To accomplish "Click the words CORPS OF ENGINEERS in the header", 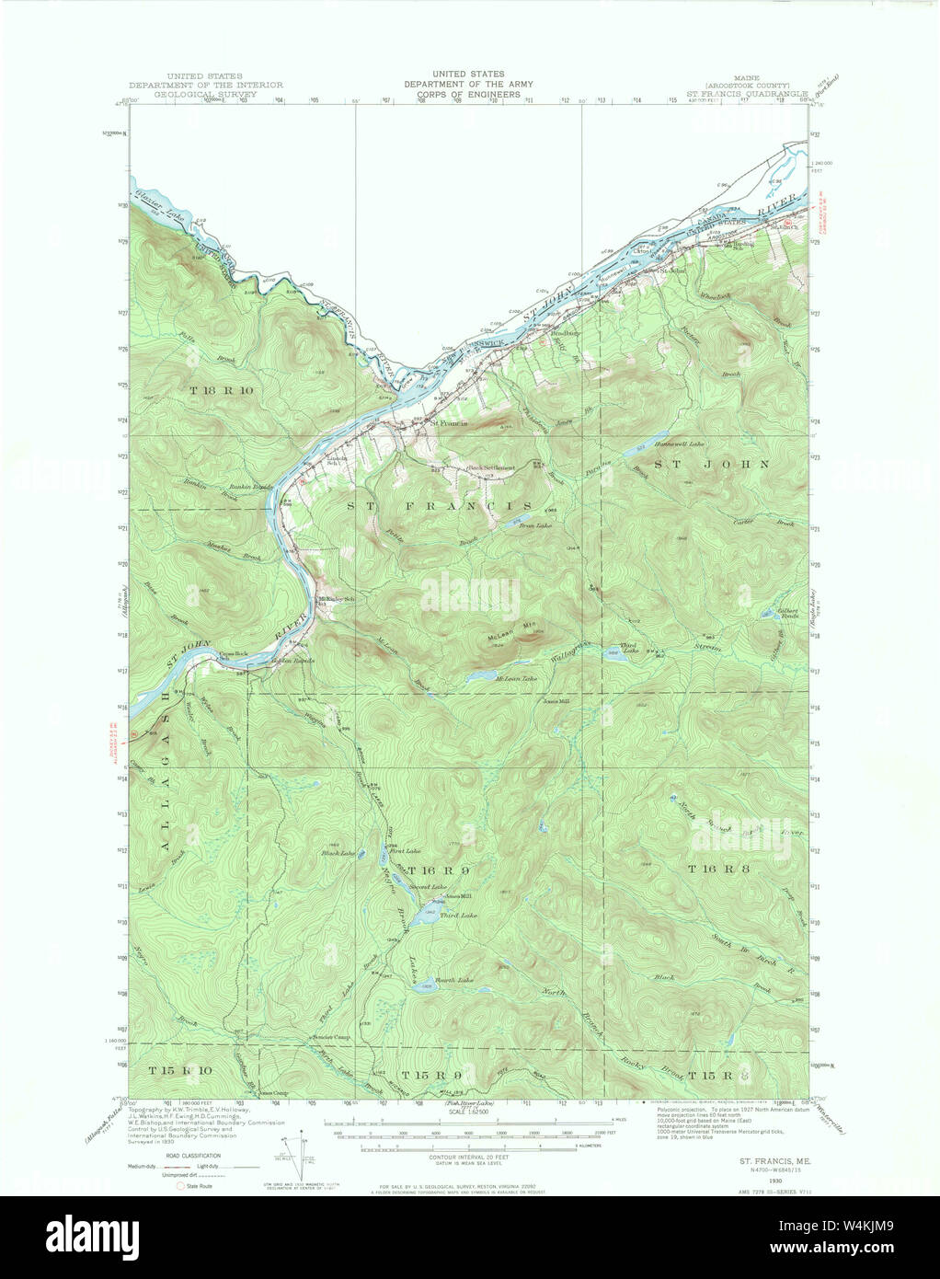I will (468, 94).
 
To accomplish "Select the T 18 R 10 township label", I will (221, 390).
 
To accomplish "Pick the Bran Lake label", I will (535, 526).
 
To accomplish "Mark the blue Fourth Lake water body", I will (425, 987).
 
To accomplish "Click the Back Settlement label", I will (490, 468).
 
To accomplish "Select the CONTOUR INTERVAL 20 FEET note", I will (468, 1155).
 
